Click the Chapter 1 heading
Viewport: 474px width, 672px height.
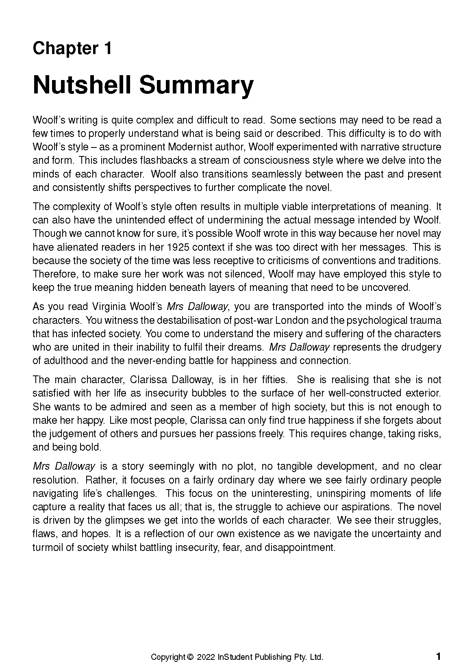pyautogui.click(x=72, y=48)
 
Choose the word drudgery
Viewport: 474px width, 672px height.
pyautogui.click(x=420, y=347)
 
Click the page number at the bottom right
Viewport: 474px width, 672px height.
pyautogui.click(x=438, y=656)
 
